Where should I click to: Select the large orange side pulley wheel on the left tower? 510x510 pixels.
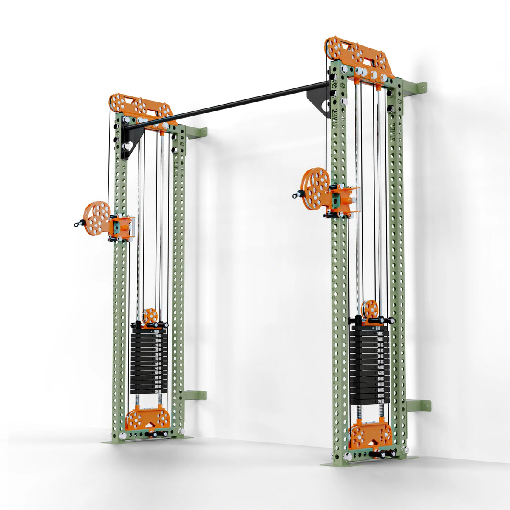[x=96, y=218]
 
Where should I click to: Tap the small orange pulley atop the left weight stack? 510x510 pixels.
[x=150, y=316]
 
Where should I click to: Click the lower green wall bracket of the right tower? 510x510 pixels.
[x=419, y=405]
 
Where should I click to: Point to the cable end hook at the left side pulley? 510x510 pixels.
[x=78, y=222]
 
